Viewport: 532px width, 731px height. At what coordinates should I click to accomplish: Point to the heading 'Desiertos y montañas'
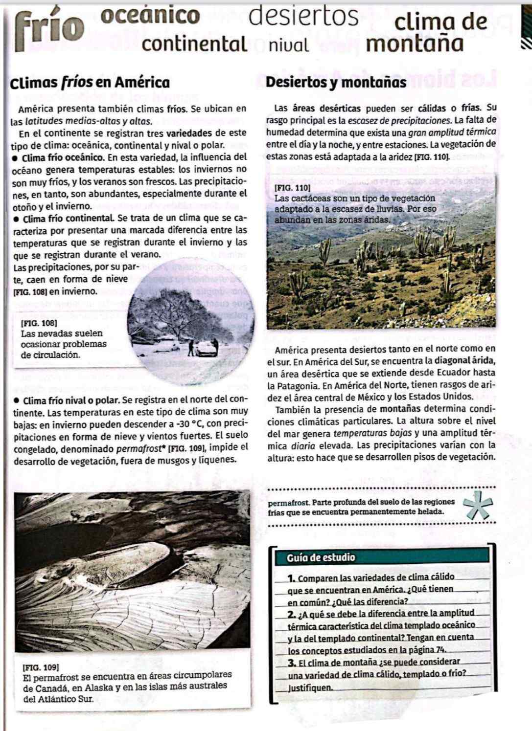tap(336, 83)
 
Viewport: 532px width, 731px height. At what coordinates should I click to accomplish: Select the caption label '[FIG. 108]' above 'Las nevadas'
tap(39, 323)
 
